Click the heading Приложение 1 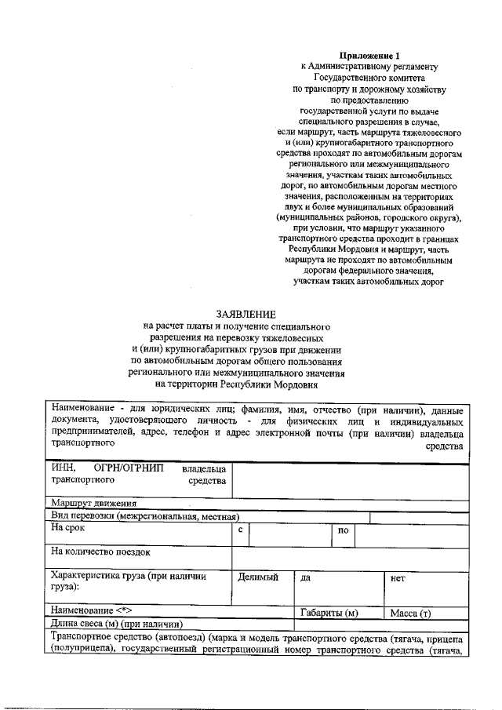coord(369,56)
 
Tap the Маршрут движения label coord(94,503)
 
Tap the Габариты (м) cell coord(329,612)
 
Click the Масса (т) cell coord(415,612)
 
